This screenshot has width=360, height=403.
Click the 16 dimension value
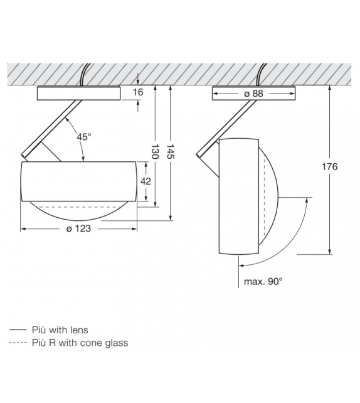pyautogui.click(x=138, y=92)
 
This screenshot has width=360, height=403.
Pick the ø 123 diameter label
pyautogui.click(x=78, y=228)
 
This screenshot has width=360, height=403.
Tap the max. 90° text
pyautogui.click(x=263, y=281)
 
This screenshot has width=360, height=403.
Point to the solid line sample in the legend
pyautogui.click(x=18, y=330)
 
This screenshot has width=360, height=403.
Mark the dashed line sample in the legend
pyautogui.click(x=18, y=343)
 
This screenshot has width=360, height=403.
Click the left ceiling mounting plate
pyautogui.click(x=78, y=93)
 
